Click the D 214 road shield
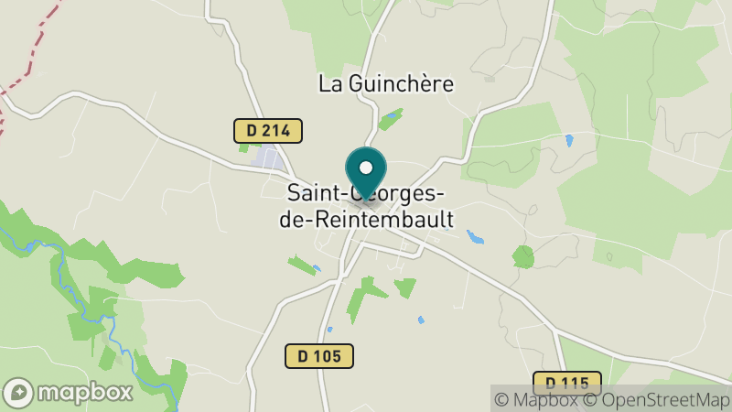coord(268,131)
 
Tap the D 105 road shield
coord(318,355)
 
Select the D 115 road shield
coord(566,383)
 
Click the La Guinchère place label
coord(386,83)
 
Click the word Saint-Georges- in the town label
coord(366,194)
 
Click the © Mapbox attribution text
coord(540,398)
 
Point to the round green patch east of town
coord(522,256)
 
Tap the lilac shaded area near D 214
coord(268,158)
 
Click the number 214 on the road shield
coord(275,131)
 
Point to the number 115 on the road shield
coord(574,383)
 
